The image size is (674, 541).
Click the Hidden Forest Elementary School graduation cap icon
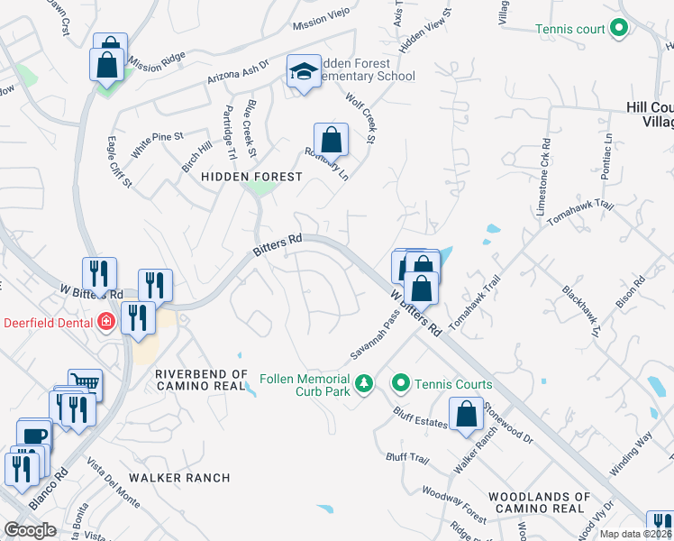304,70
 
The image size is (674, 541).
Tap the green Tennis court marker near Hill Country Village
618,29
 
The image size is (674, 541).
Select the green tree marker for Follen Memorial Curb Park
363,384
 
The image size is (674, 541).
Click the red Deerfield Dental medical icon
106,321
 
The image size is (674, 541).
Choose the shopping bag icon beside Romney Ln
331,140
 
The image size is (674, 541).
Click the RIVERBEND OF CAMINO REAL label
201,380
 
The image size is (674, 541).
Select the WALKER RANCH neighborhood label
179,477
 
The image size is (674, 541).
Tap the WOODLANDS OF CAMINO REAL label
540,503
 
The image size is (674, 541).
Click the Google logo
30,530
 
